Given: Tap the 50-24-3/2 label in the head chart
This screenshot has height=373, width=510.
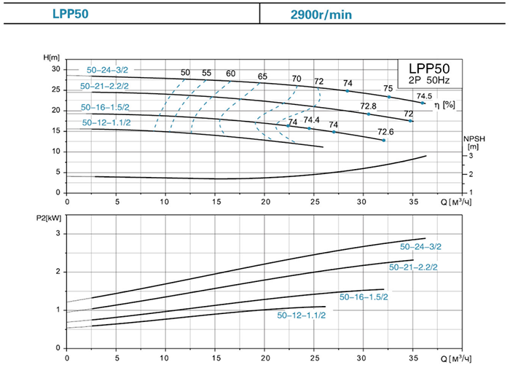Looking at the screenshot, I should point(107,71).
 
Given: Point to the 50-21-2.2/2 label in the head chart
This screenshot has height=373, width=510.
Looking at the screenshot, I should point(106,87).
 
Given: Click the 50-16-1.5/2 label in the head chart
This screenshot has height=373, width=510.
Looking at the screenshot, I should point(106,107).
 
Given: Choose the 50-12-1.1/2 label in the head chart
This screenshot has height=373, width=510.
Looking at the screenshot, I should point(106,122).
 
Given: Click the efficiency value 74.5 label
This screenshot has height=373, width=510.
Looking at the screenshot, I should point(425,95).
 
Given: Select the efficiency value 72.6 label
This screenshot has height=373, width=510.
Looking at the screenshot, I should point(385,132).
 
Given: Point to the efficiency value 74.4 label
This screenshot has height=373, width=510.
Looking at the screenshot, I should point(312,120).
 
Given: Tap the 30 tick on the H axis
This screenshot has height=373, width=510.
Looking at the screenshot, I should point(55,68).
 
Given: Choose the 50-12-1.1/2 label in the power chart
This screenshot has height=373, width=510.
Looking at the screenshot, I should point(301,315).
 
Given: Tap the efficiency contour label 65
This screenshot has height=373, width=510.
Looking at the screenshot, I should point(262,76).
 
